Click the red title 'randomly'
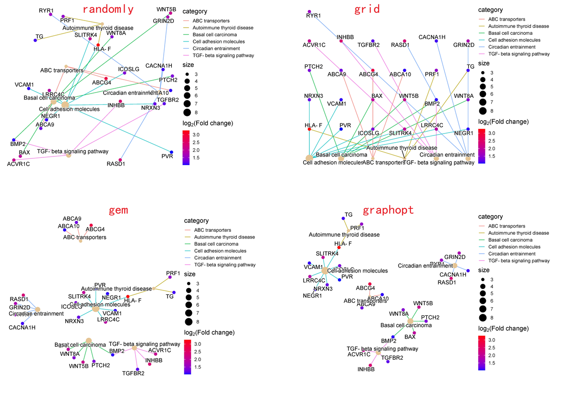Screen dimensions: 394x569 (x=108, y=9)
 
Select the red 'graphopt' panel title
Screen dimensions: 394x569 (x=388, y=210)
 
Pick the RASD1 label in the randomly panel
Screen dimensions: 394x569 (x=116, y=164)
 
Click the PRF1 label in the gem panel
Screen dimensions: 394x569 (x=173, y=273)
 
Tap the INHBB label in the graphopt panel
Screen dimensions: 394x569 (x=366, y=369)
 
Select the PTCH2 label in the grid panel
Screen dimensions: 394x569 (x=313, y=66)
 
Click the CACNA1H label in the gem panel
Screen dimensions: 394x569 (x=22, y=327)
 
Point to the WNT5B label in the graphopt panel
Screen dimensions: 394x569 (x=423, y=303)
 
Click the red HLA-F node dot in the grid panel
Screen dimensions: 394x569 (x=309, y=129)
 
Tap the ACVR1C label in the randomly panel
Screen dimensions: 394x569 (x=19, y=164)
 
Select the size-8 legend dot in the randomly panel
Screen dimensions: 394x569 (x=187, y=112)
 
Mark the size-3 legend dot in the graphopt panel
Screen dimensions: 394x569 (x=483, y=280)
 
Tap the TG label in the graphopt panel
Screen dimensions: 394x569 (x=348, y=215)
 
